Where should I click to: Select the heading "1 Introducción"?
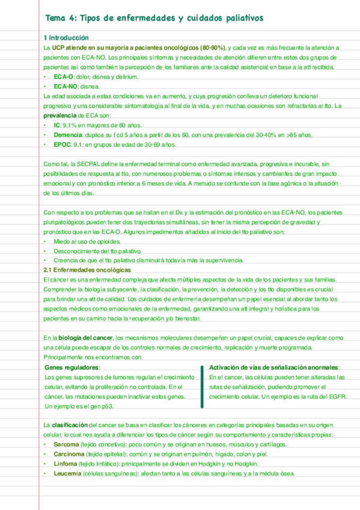[x=66, y=38]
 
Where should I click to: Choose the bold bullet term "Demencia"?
[x=70, y=135]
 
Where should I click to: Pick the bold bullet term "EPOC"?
[x=63, y=145]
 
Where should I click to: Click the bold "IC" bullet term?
[x=58, y=126]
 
